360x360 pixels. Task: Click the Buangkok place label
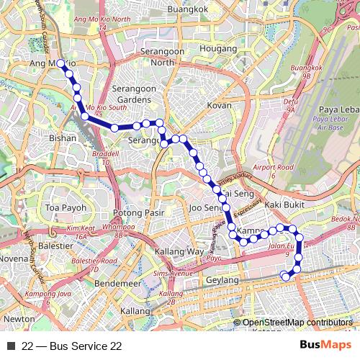186,9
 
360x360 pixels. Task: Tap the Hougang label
208,49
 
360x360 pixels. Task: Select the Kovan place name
220,105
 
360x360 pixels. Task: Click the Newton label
19,318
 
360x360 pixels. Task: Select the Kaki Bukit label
282,206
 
